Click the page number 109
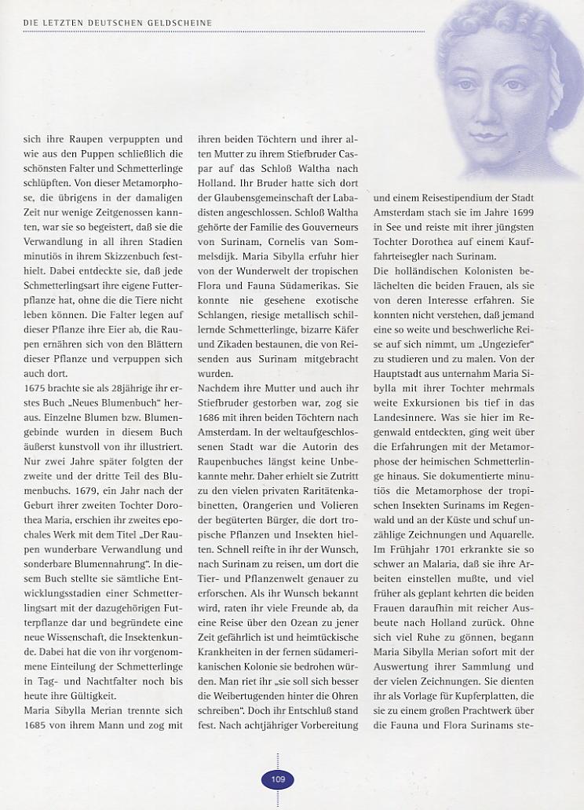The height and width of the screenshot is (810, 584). coord(278,779)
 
